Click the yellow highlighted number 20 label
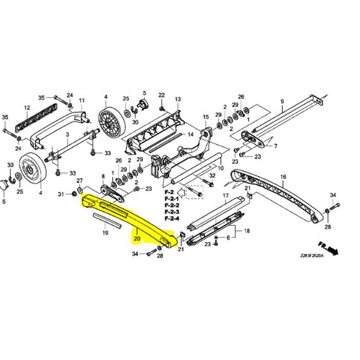point(137,239)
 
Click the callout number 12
point(27,107)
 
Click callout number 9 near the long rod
point(282,102)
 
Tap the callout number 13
point(177,99)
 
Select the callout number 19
point(105,233)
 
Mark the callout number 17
point(225,196)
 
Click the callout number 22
point(161,95)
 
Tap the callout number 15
point(205,117)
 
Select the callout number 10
point(221,168)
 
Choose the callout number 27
point(80,181)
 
